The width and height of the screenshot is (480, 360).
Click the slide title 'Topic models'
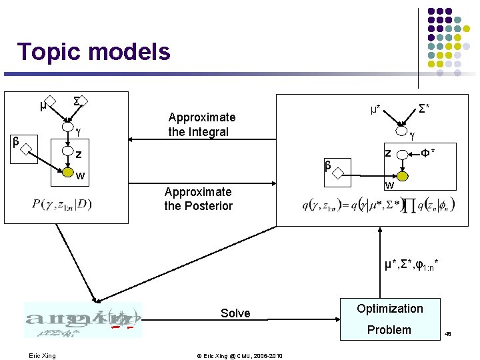point(93,51)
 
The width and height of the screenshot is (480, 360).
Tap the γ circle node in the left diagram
point(68,127)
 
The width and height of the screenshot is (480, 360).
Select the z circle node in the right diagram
point(403,154)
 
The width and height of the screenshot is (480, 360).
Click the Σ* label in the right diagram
point(425,107)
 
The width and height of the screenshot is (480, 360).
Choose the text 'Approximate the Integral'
point(201,125)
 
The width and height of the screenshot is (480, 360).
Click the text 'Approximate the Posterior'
point(198,199)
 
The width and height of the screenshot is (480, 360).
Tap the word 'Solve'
point(235,313)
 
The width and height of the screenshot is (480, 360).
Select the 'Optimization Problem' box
point(389,319)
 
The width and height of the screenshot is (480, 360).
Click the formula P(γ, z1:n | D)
point(61,203)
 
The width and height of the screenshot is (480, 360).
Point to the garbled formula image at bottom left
point(83,320)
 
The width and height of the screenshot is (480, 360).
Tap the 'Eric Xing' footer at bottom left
point(42,355)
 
